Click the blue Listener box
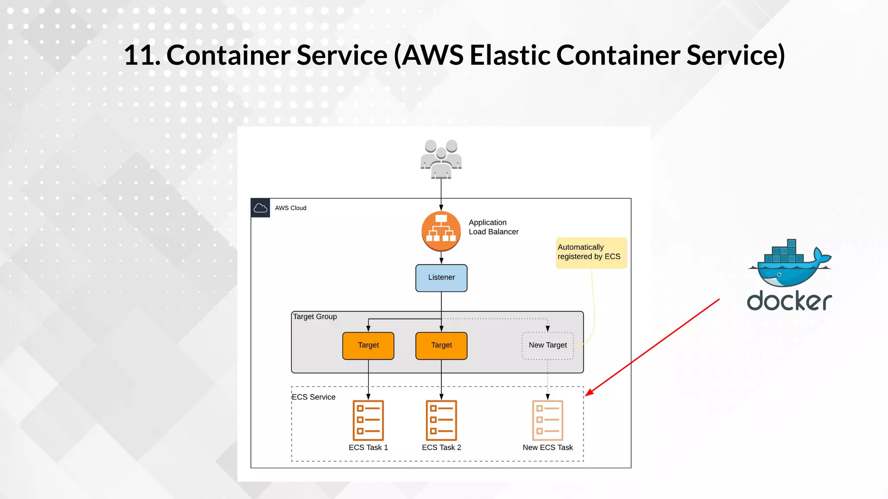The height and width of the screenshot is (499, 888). (441, 278)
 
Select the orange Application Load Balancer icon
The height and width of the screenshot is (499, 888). (441, 231)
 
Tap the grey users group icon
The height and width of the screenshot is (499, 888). (441, 159)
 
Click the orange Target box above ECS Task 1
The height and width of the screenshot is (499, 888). (368, 346)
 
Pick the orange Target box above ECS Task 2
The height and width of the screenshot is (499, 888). (441, 346)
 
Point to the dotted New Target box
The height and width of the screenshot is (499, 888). (548, 346)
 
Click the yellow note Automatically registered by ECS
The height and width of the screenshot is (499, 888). (591, 253)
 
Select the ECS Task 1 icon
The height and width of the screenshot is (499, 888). (368, 420)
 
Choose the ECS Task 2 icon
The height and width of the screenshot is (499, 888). (441, 420)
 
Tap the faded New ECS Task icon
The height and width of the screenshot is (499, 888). (548, 420)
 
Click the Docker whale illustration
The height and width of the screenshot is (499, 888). (789, 264)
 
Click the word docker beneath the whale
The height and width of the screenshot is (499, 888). (789, 301)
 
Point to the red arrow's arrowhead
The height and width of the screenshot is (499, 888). (588, 393)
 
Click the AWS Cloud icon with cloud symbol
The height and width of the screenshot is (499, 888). (260, 208)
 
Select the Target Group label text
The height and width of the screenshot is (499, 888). (315, 317)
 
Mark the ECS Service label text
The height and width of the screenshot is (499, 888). (313, 397)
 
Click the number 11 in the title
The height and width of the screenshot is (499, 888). (140, 55)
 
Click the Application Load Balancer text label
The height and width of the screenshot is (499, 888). (493, 227)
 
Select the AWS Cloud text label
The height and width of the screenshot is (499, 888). (291, 208)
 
